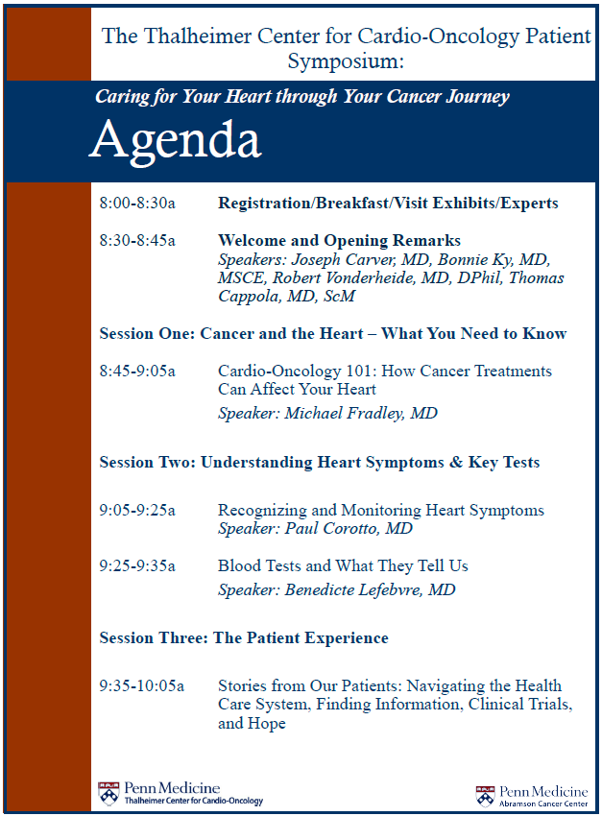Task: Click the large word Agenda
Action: click(175, 141)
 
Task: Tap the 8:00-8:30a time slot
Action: click(137, 204)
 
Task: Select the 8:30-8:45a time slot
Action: click(137, 241)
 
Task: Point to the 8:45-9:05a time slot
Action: click(137, 372)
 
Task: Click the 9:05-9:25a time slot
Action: click(137, 511)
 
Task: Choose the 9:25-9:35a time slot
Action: click(137, 566)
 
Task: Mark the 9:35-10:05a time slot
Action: click(141, 686)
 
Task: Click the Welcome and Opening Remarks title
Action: click(339, 241)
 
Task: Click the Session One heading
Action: click(332, 334)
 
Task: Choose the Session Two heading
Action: click(319, 463)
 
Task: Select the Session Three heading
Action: click(244, 638)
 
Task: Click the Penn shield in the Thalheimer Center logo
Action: click(108, 793)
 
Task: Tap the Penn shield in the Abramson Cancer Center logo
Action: click(486, 796)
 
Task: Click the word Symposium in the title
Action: click(346, 61)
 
